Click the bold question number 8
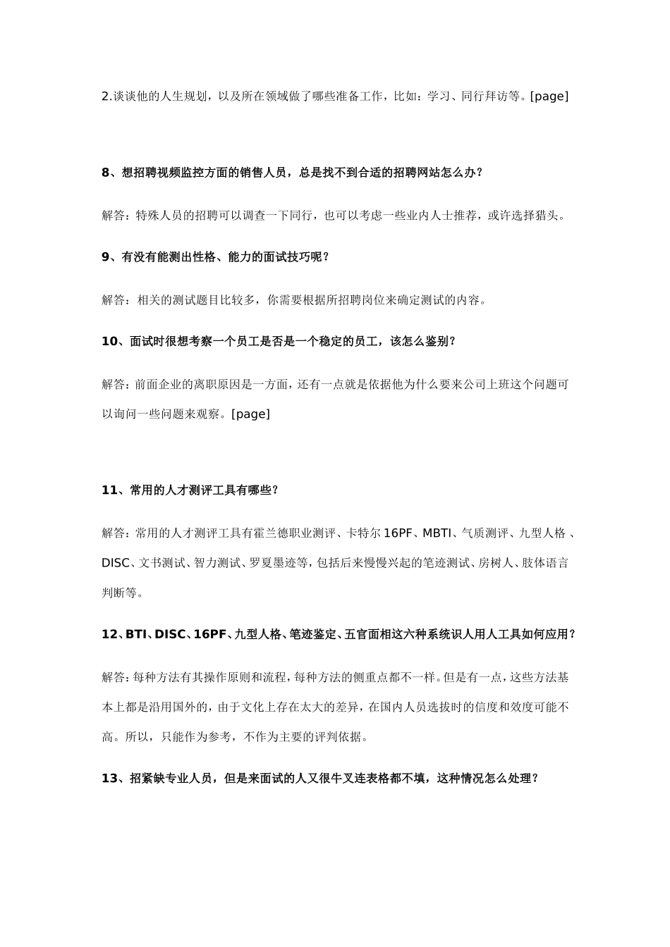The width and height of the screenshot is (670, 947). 106,173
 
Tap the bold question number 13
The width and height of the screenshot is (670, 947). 109,779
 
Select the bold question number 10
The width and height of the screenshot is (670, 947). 109,342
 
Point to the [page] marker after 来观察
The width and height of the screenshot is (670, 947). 250,414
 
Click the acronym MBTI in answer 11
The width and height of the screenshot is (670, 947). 437,533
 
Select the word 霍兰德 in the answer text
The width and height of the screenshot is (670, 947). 272,533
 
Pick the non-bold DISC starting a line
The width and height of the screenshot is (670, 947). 116,563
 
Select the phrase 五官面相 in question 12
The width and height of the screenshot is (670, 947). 366,634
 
